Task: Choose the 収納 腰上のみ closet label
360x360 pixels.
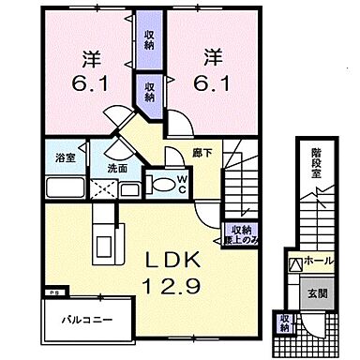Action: (x=241, y=232)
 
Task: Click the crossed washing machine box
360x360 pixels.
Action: (x=102, y=189)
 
